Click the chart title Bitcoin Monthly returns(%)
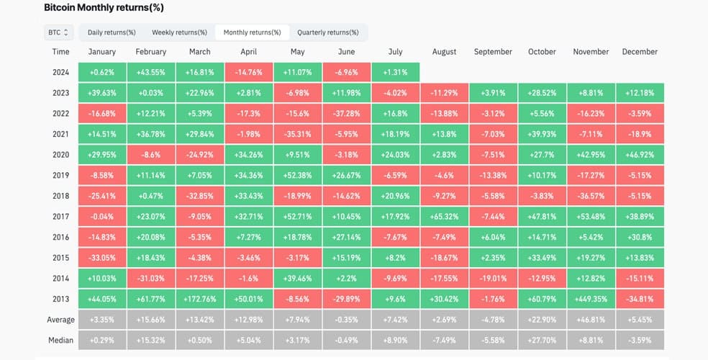pyautogui.click(x=104, y=8)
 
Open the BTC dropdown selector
pyautogui.click(x=58, y=32)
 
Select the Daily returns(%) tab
pyautogui.click(x=112, y=32)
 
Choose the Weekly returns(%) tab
pyautogui.click(x=179, y=32)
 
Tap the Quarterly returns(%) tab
pyautogui.click(x=328, y=32)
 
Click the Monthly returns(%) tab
pyautogui.click(x=252, y=32)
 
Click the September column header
pyautogui.click(x=493, y=52)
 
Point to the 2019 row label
pyautogui.click(x=60, y=175)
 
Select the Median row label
pyautogui.click(x=60, y=340)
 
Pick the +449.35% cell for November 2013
pyautogui.click(x=591, y=299)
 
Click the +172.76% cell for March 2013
pyautogui.click(x=199, y=299)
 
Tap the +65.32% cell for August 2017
pyautogui.click(x=445, y=217)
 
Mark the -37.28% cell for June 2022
pyautogui.click(x=346, y=113)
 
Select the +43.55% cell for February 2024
pyautogui.click(x=151, y=72)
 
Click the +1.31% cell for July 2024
pyautogui.click(x=395, y=72)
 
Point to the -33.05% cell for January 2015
pyautogui.click(x=102, y=258)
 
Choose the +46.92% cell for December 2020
pyautogui.click(x=640, y=155)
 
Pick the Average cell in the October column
pyautogui.click(x=542, y=320)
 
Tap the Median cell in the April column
pyautogui.click(x=248, y=340)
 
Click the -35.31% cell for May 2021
pyautogui.click(x=298, y=134)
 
